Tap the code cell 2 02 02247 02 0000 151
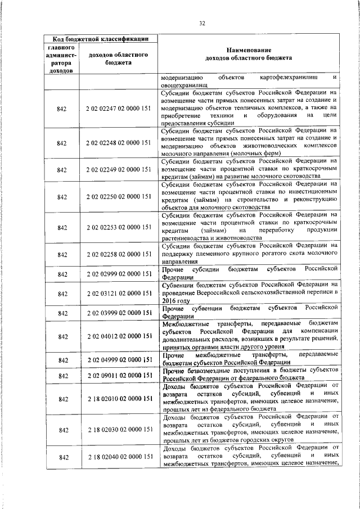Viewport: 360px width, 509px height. (x=118, y=107)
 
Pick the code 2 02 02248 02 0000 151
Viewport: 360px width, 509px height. (x=118, y=143)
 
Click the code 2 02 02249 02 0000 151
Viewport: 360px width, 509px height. (x=118, y=169)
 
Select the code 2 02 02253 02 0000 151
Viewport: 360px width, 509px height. (x=118, y=227)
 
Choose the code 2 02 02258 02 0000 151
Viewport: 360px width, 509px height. (x=118, y=254)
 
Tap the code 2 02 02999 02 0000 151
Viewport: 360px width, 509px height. (x=118, y=274)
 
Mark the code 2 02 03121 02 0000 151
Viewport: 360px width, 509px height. (x=118, y=294)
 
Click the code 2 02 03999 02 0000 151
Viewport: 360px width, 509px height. (x=118, y=312)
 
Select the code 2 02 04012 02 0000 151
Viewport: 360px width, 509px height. (x=118, y=336)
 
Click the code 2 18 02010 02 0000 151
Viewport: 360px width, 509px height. (x=118, y=399)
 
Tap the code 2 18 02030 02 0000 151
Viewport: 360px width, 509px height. (x=118, y=429)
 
